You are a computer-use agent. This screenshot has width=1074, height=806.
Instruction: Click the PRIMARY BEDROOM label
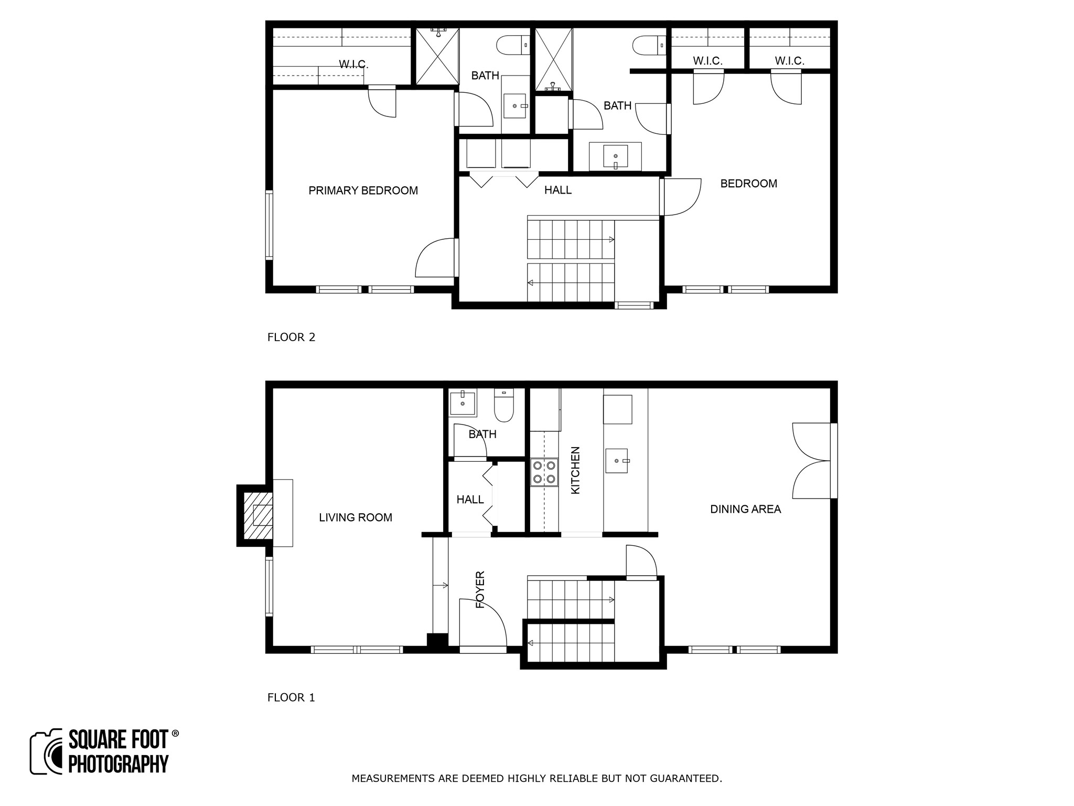click(x=363, y=190)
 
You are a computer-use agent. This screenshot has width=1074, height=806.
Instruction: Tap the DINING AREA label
click(x=745, y=509)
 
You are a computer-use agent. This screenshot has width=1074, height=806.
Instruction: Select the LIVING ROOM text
click(x=356, y=517)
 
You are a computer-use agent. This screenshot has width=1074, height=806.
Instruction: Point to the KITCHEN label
click(x=575, y=470)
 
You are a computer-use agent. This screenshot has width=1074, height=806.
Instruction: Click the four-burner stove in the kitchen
click(x=544, y=472)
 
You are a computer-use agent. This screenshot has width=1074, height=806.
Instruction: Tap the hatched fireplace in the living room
click(x=258, y=515)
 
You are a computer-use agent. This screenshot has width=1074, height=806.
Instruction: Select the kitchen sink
click(x=617, y=461)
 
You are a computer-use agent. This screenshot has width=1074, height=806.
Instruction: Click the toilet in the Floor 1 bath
click(x=504, y=406)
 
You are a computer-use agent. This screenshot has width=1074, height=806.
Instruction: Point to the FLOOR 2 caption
click(x=291, y=337)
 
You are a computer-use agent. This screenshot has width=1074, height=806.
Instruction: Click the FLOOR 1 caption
click(x=291, y=697)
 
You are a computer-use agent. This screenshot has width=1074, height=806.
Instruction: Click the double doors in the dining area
click(x=812, y=461)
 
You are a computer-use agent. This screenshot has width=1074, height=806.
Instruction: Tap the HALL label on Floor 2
click(x=557, y=190)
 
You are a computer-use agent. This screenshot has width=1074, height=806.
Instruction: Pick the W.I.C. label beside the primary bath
click(x=353, y=65)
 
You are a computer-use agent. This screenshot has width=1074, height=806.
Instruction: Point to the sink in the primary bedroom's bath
click(x=515, y=106)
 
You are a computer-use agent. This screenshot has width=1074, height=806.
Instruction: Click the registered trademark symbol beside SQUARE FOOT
click(x=175, y=733)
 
